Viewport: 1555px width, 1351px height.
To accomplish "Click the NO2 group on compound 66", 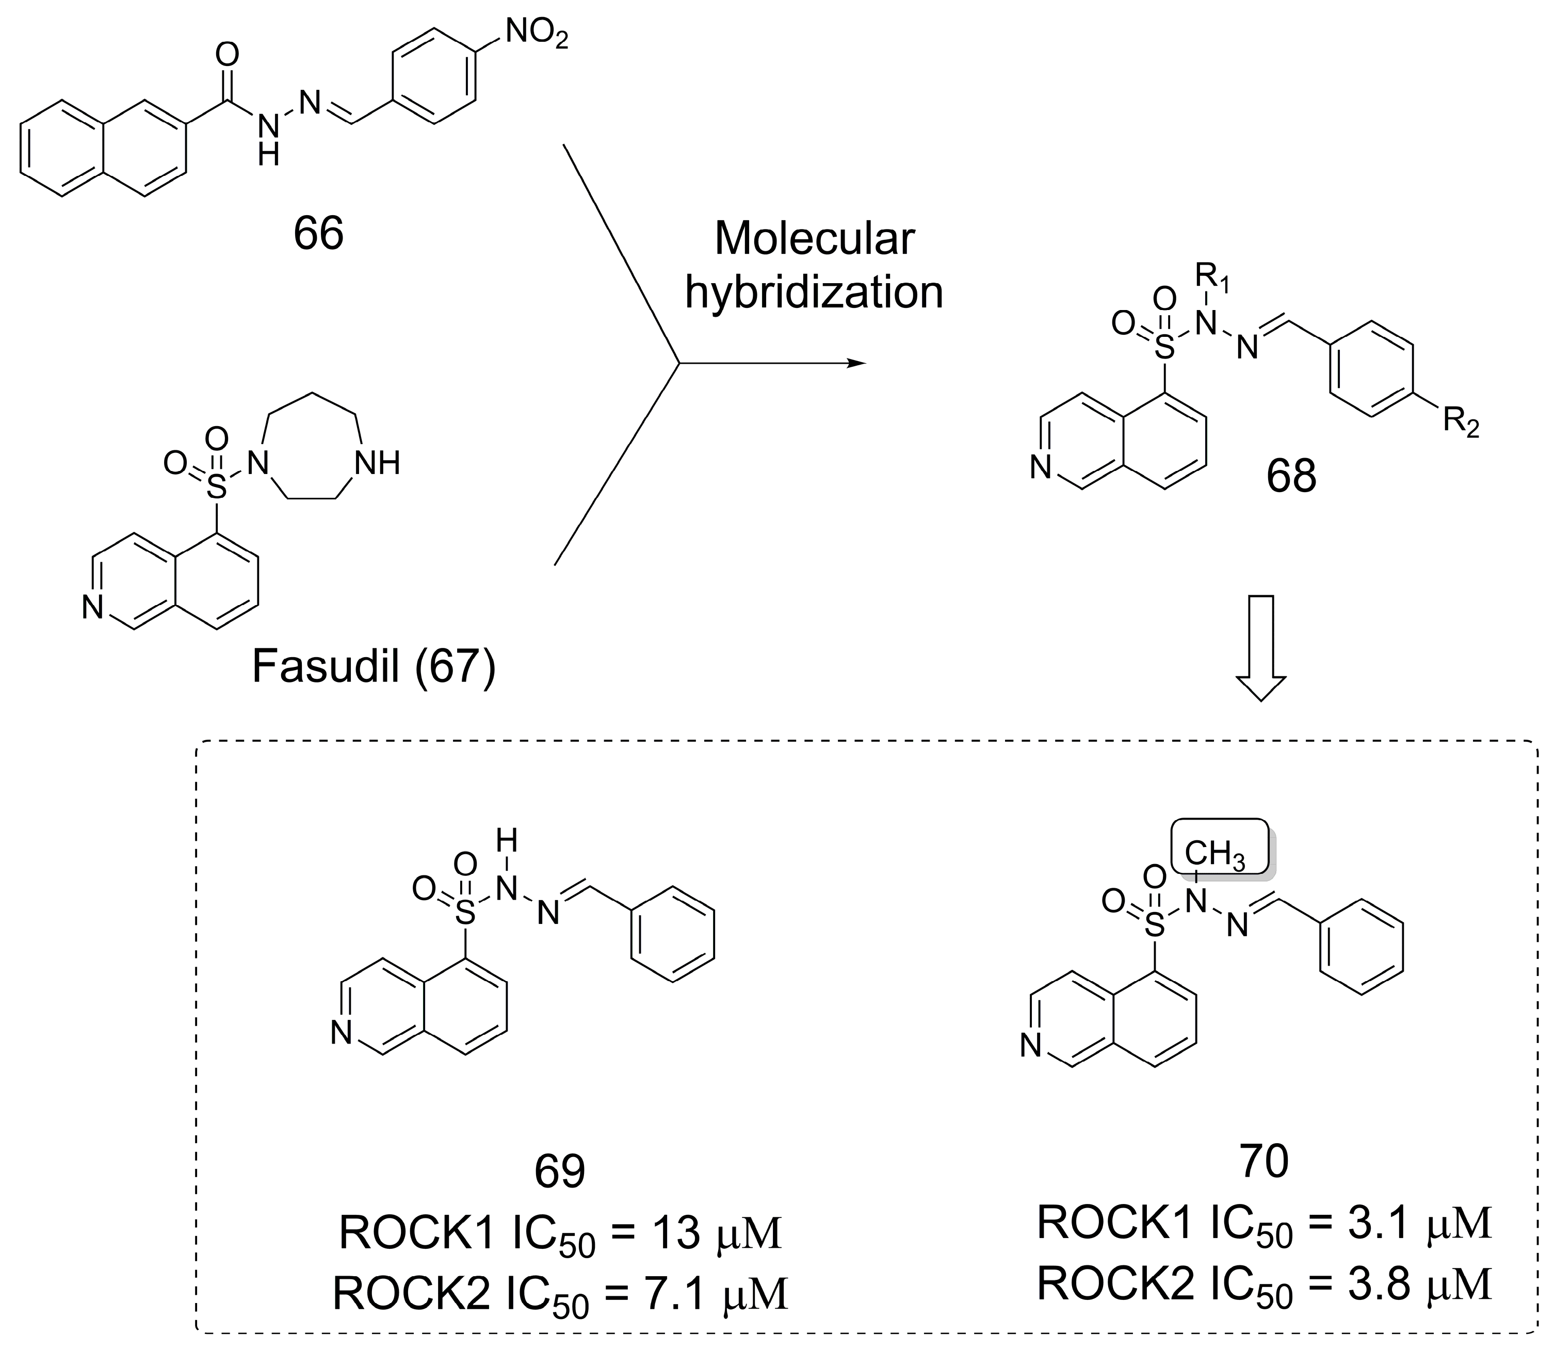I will [536, 34].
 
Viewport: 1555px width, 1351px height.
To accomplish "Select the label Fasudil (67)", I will [374, 666].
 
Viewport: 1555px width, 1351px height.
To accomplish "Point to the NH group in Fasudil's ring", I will [377, 463].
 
